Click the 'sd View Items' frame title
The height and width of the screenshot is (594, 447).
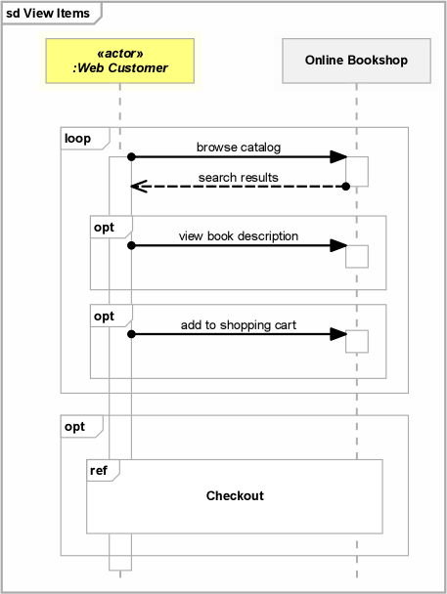point(48,14)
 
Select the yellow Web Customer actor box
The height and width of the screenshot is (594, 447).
point(119,61)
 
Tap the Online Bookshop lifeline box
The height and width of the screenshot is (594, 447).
point(356,61)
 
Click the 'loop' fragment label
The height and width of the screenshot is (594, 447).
point(77,139)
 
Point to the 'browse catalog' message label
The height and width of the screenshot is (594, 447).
point(239,147)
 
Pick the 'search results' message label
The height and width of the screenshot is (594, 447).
point(238,177)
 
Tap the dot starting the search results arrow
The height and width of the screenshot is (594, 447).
point(346,187)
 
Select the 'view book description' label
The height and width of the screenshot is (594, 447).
point(239,236)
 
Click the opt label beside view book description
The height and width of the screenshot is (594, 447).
point(104,228)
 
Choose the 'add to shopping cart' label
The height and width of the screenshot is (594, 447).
point(239,325)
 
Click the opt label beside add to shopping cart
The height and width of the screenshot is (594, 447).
point(104,317)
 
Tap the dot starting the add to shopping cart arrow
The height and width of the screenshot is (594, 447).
point(131,334)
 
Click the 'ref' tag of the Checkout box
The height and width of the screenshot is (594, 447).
point(99,471)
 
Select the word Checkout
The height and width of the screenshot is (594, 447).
point(235,495)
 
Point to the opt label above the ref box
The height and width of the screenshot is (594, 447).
point(74,427)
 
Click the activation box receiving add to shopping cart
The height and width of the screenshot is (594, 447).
point(357,341)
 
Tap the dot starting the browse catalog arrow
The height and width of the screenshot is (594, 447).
point(131,157)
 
